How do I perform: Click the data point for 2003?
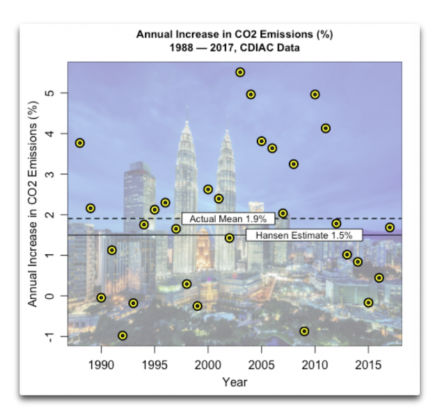click(x=240, y=72)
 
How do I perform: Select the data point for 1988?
click(x=80, y=143)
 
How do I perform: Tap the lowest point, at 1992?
click(x=123, y=336)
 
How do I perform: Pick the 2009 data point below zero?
click(x=304, y=331)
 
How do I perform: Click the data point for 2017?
click(x=390, y=228)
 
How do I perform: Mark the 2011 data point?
click(x=326, y=128)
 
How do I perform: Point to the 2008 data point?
click(x=294, y=164)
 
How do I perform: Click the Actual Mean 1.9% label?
click(x=228, y=219)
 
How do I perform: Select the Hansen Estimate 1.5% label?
click(x=304, y=235)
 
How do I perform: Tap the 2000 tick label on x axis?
click(x=208, y=365)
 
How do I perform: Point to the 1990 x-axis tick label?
click(x=102, y=365)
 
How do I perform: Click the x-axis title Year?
click(x=235, y=382)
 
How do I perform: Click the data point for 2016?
click(x=379, y=278)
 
